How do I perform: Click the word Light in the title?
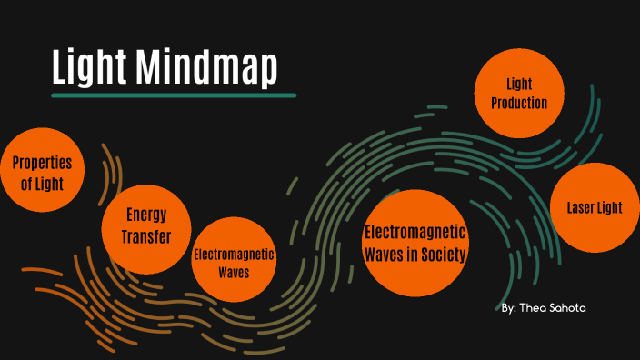(x=89, y=68)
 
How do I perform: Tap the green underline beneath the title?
(x=174, y=95)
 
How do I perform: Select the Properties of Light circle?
(x=42, y=174)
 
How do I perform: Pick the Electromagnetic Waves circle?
(x=234, y=259)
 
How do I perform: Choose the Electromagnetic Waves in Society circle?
(x=415, y=243)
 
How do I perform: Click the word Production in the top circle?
(x=519, y=103)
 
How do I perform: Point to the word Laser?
(x=573, y=207)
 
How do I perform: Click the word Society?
(x=441, y=254)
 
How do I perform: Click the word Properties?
(x=42, y=164)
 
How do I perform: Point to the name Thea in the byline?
(x=535, y=308)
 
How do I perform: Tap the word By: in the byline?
(x=509, y=308)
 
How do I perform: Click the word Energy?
(x=146, y=215)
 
